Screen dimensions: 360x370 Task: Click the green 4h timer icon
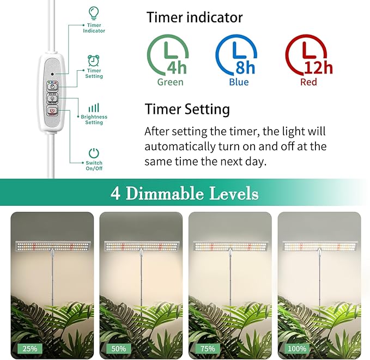tap(168, 57)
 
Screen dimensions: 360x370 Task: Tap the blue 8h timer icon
tap(236, 57)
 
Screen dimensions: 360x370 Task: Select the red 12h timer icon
tap(306, 57)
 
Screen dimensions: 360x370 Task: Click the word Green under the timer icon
tap(170, 82)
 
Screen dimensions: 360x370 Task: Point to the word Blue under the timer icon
tap(239, 82)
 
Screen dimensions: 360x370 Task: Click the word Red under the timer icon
tap(308, 82)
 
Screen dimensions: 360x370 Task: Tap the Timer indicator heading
tap(195, 17)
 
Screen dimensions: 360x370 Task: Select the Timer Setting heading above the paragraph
tap(187, 109)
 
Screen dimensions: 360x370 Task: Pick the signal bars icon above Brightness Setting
tap(94, 107)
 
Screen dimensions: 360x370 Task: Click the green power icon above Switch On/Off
tap(94, 153)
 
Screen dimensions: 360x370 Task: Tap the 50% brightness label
tap(118, 348)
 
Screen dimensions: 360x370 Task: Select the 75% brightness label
tap(207, 348)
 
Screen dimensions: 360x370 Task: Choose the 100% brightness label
tap(298, 348)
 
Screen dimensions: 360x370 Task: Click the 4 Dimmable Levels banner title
tap(184, 193)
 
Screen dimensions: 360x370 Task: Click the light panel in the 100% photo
tap(319, 246)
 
